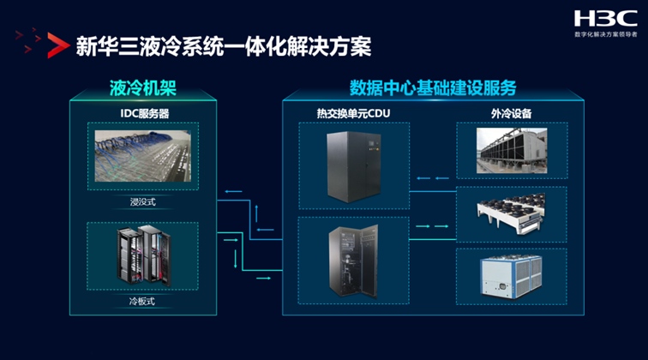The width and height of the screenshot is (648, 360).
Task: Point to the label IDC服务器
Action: tap(143, 112)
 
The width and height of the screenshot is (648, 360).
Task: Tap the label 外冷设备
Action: tap(513, 112)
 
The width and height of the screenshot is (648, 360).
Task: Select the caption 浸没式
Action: tap(143, 202)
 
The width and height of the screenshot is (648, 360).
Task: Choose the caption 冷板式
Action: tap(143, 301)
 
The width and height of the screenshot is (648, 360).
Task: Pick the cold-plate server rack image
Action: tap(143, 255)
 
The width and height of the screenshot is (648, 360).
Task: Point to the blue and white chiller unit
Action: tap(513, 275)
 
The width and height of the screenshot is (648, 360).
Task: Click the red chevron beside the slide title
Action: tap(57, 45)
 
